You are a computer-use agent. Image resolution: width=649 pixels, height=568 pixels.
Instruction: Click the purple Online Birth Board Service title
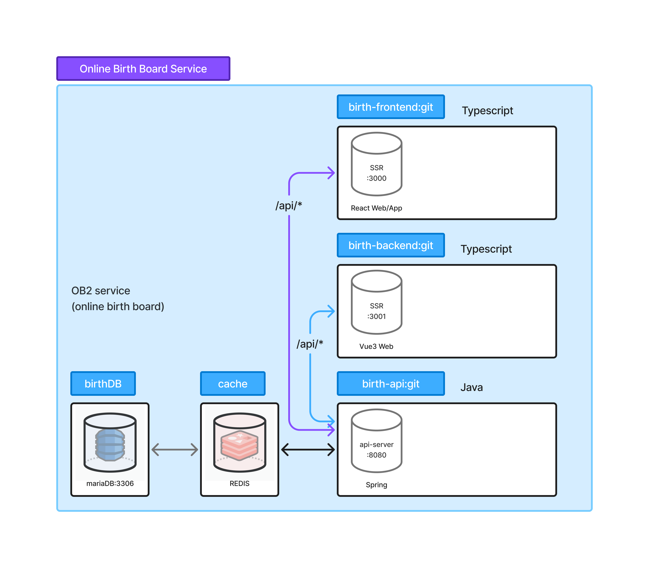pos(143,69)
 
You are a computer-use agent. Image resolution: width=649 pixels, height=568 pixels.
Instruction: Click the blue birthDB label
pos(103,384)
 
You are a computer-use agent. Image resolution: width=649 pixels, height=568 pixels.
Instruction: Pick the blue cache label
pos(233,384)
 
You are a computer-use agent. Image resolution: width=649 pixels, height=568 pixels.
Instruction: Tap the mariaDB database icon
pos(110,442)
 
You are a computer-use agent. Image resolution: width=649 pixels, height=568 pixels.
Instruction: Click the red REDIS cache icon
pos(240,442)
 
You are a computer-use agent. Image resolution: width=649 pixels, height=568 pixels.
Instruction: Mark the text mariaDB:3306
pos(110,483)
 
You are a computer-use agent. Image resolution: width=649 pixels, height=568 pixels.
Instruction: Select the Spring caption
pos(377,485)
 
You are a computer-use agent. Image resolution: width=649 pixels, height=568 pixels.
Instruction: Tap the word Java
pos(472,387)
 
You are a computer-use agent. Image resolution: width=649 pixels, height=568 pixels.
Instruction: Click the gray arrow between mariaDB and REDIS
pos(175,449)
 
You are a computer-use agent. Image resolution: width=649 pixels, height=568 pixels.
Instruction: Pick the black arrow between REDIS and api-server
pos(308,449)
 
